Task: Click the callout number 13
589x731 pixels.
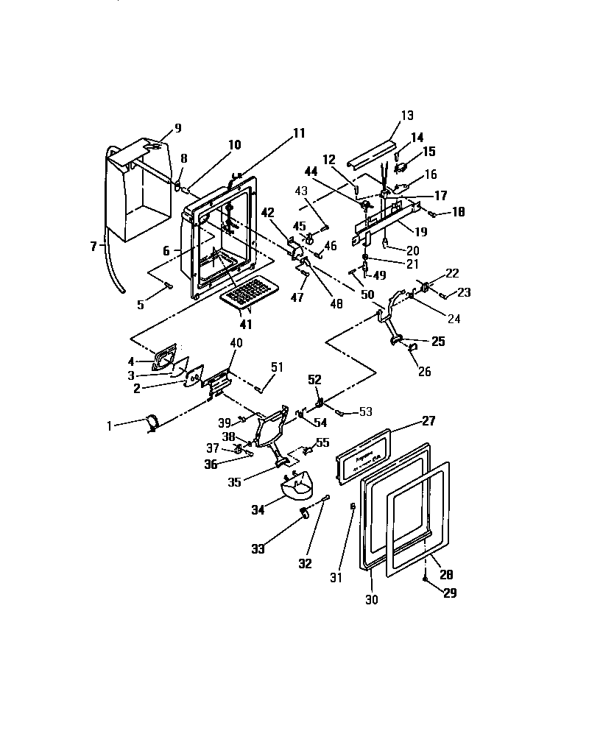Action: pyautogui.click(x=407, y=116)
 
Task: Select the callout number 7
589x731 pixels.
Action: pyautogui.click(x=94, y=246)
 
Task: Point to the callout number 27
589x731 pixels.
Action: pyautogui.click(x=428, y=421)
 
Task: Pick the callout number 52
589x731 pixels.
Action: pyautogui.click(x=314, y=380)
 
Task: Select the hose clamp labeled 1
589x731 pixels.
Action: pyautogui.click(x=152, y=423)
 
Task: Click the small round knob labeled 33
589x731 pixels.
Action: pyautogui.click(x=302, y=512)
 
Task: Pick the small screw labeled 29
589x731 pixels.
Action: pyautogui.click(x=427, y=579)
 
